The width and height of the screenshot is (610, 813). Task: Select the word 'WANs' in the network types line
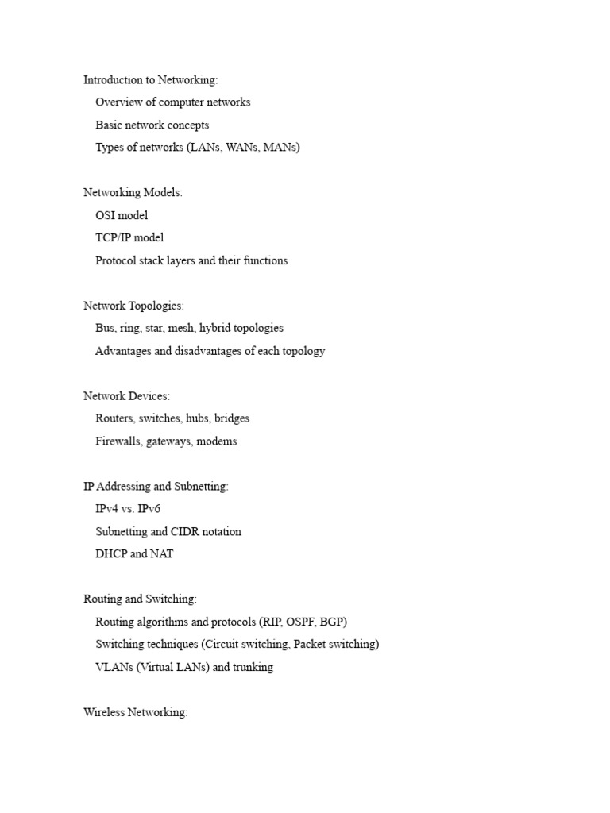coord(242,148)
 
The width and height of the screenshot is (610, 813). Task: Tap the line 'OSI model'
coord(122,215)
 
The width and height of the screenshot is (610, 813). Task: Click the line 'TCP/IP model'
coord(129,237)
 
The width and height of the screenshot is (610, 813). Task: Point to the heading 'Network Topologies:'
coord(133,306)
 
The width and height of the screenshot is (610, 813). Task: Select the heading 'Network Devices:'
coord(126,396)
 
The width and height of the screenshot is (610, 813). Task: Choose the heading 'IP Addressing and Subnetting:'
coord(156,487)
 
